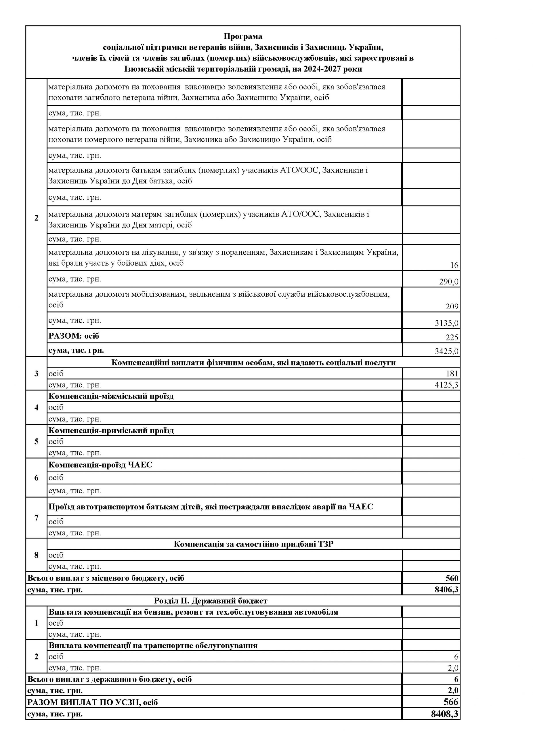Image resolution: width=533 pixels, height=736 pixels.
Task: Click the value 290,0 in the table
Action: [449, 281]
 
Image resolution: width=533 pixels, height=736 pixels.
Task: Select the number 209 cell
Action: [452, 306]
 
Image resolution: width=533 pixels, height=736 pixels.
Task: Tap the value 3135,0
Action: [446, 323]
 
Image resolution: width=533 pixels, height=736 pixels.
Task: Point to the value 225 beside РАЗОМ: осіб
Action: [452, 338]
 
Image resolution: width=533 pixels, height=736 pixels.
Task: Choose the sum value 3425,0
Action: [446, 351]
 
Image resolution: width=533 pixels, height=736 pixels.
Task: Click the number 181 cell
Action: [452, 373]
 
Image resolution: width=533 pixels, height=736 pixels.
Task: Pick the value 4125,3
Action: [446, 385]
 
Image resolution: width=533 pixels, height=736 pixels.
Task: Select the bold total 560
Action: [452, 578]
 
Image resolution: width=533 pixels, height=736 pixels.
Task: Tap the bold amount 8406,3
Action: [446, 589]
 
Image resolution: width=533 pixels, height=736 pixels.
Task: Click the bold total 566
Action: [451, 702]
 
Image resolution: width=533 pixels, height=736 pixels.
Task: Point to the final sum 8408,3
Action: [445, 714]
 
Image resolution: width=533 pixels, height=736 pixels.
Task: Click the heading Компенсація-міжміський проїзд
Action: [111, 396]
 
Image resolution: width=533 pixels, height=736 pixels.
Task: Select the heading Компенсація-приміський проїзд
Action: [111, 430]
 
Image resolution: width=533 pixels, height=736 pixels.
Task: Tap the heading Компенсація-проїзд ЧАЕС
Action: [100, 465]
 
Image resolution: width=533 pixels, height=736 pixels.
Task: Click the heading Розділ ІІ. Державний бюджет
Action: [211, 601]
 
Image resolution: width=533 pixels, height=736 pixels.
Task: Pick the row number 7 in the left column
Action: [36, 517]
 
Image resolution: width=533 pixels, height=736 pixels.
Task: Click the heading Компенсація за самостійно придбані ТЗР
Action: [253, 544]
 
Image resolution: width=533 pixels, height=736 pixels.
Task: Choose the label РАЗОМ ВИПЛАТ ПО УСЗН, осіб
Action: [93, 702]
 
